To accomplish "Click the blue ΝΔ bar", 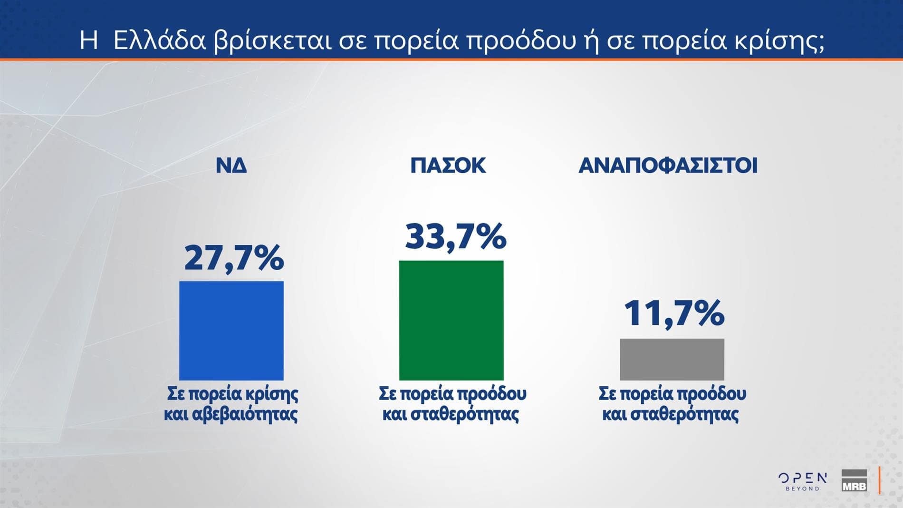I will [x=231, y=331].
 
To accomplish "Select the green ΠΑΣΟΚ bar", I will [x=451, y=320].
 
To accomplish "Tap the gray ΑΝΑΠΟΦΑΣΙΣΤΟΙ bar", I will [x=672, y=359].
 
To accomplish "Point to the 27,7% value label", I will [x=234, y=258].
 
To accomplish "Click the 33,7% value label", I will [x=455, y=236].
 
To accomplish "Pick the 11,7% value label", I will [x=673, y=313].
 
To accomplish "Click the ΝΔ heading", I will [x=231, y=166].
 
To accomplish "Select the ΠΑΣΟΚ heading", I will [x=448, y=166].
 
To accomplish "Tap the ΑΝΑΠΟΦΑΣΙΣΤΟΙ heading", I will [x=668, y=166].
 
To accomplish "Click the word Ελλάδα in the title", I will [x=160, y=41].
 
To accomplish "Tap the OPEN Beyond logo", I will [x=802, y=481].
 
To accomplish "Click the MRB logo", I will [x=854, y=480].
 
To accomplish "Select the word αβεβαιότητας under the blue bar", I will [x=245, y=414].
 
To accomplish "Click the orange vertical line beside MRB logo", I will [x=880, y=480].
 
